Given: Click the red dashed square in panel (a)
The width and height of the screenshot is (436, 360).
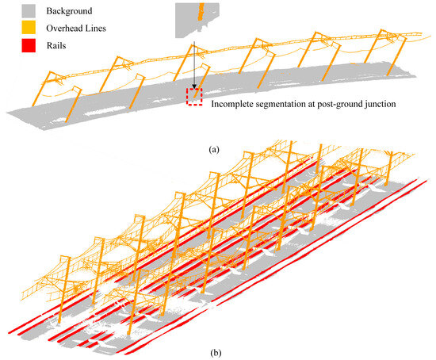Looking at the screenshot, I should (x=194, y=96).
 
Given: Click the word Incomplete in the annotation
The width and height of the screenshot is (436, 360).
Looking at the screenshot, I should (x=235, y=102).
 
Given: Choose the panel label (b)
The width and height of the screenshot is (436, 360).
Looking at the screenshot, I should (x=216, y=347).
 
